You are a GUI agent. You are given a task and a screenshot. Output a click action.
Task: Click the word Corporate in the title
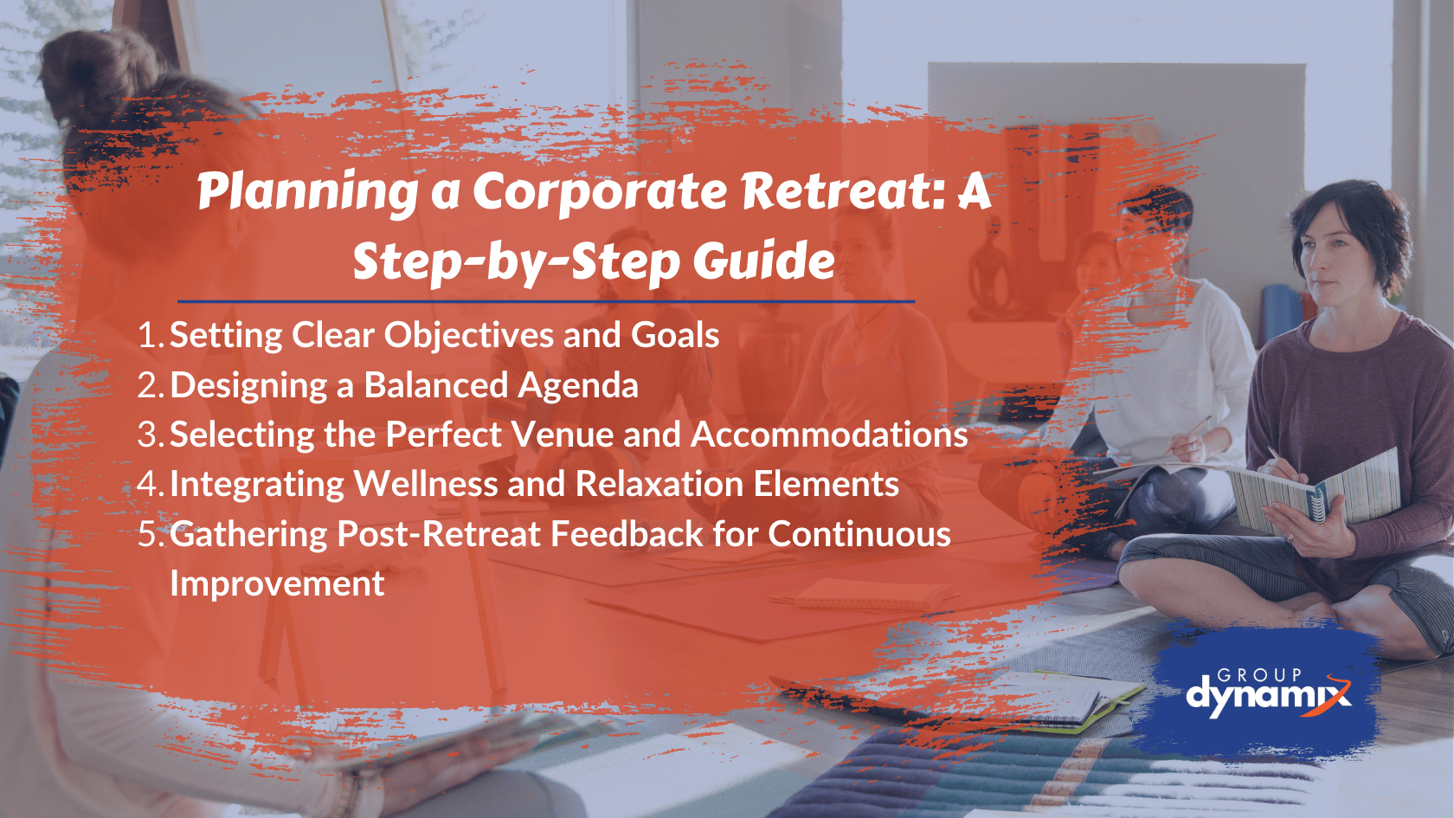600,191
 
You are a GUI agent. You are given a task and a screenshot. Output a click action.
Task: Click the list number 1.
148,336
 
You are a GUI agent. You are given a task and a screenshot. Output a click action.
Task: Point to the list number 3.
148,435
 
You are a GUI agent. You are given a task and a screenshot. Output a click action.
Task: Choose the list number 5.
148,534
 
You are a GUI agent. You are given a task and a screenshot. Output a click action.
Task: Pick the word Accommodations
829,435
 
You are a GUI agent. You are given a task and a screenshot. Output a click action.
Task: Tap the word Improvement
277,583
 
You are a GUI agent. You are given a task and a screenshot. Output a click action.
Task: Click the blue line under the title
545,301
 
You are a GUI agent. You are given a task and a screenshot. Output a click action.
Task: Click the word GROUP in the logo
1259,674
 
